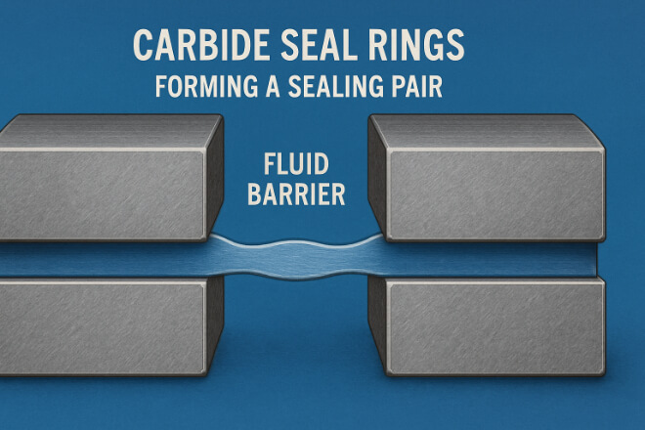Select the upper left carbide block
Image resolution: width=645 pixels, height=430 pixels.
(107, 186)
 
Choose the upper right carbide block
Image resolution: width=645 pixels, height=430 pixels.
(498, 186)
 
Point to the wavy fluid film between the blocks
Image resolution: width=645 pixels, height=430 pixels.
(293, 256)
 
